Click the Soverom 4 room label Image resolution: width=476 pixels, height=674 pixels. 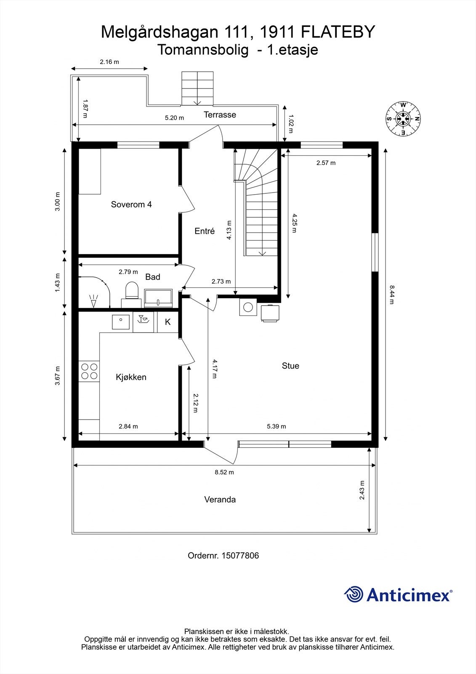coord(131,204)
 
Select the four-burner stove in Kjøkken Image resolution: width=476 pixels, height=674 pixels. coord(89,371)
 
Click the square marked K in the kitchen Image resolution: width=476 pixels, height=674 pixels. coord(168,322)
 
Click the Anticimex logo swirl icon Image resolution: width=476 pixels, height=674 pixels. coord(354,594)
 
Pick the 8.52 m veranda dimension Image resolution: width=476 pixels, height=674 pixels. coord(224,472)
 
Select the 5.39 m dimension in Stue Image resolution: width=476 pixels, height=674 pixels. coord(276,426)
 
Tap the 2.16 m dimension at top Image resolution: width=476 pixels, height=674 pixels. coord(109,62)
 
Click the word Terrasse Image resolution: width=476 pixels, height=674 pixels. coord(220,115)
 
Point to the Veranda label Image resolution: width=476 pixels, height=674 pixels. coord(220,500)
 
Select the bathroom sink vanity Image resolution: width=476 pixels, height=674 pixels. coord(158,297)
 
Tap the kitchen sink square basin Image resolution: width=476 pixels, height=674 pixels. coord(121,322)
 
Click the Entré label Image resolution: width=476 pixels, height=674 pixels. coord(205,231)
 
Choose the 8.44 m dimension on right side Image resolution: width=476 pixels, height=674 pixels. coord(391,294)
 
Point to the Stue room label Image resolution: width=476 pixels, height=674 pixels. coord(290,366)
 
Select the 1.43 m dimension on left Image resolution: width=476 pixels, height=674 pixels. coord(58,283)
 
